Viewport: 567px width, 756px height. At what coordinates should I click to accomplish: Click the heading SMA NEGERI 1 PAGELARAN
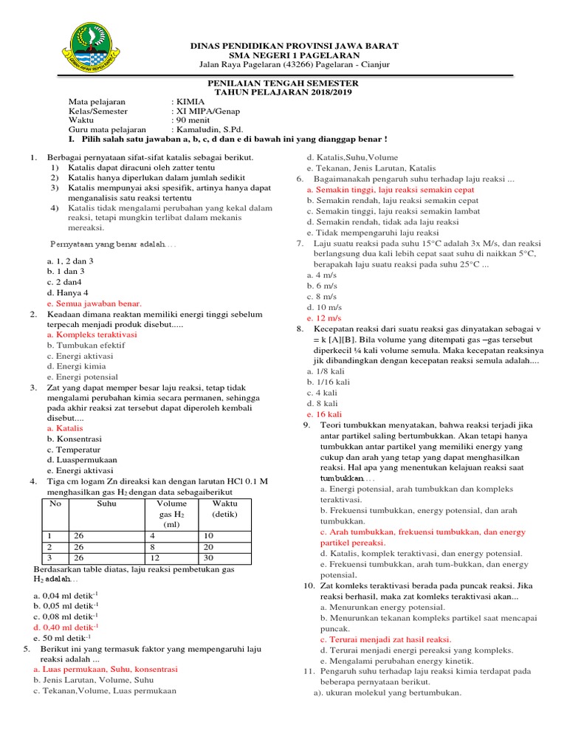click(x=294, y=55)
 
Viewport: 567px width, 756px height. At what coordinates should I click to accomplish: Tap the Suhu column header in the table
click(x=107, y=504)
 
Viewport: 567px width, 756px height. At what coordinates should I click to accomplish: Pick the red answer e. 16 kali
click(x=324, y=414)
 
